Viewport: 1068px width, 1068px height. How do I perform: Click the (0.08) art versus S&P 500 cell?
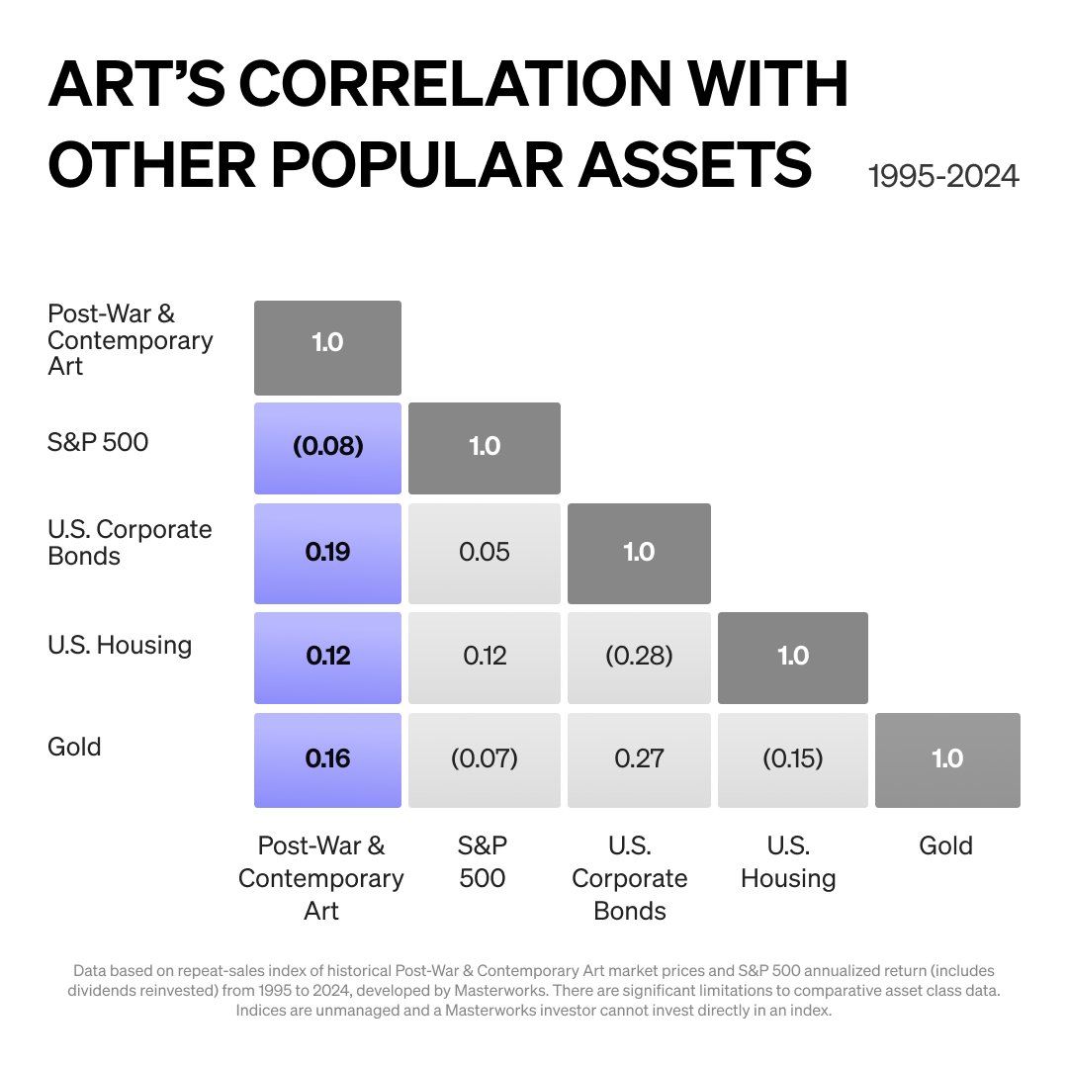click(x=327, y=447)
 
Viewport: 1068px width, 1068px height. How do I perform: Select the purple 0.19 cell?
click(x=327, y=552)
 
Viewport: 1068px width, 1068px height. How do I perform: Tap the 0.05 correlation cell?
click(x=485, y=552)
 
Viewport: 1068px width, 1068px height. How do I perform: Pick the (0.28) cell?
click(x=639, y=656)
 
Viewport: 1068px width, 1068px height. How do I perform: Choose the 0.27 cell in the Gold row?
click(x=639, y=758)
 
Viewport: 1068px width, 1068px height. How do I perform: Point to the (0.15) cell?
click(x=793, y=758)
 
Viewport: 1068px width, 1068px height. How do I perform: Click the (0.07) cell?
click(x=485, y=758)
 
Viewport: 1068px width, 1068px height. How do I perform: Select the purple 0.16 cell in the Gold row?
click(x=327, y=758)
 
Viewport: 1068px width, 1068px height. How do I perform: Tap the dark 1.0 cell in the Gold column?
click(x=947, y=758)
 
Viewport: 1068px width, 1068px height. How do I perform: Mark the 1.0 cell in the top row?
click(x=327, y=343)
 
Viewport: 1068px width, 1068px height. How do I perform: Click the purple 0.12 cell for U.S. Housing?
click(x=327, y=656)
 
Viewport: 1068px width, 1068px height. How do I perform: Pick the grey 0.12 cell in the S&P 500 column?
click(x=485, y=656)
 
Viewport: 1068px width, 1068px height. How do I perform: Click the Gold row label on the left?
click(x=74, y=747)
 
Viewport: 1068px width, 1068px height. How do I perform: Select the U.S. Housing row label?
click(x=120, y=646)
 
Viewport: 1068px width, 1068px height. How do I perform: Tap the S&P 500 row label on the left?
click(x=98, y=441)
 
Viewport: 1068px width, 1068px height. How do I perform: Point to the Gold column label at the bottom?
click(x=946, y=845)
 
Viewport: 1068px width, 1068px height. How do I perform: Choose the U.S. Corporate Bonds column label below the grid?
click(x=630, y=878)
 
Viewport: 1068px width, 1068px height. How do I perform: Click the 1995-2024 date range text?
click(x=942, y=176)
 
